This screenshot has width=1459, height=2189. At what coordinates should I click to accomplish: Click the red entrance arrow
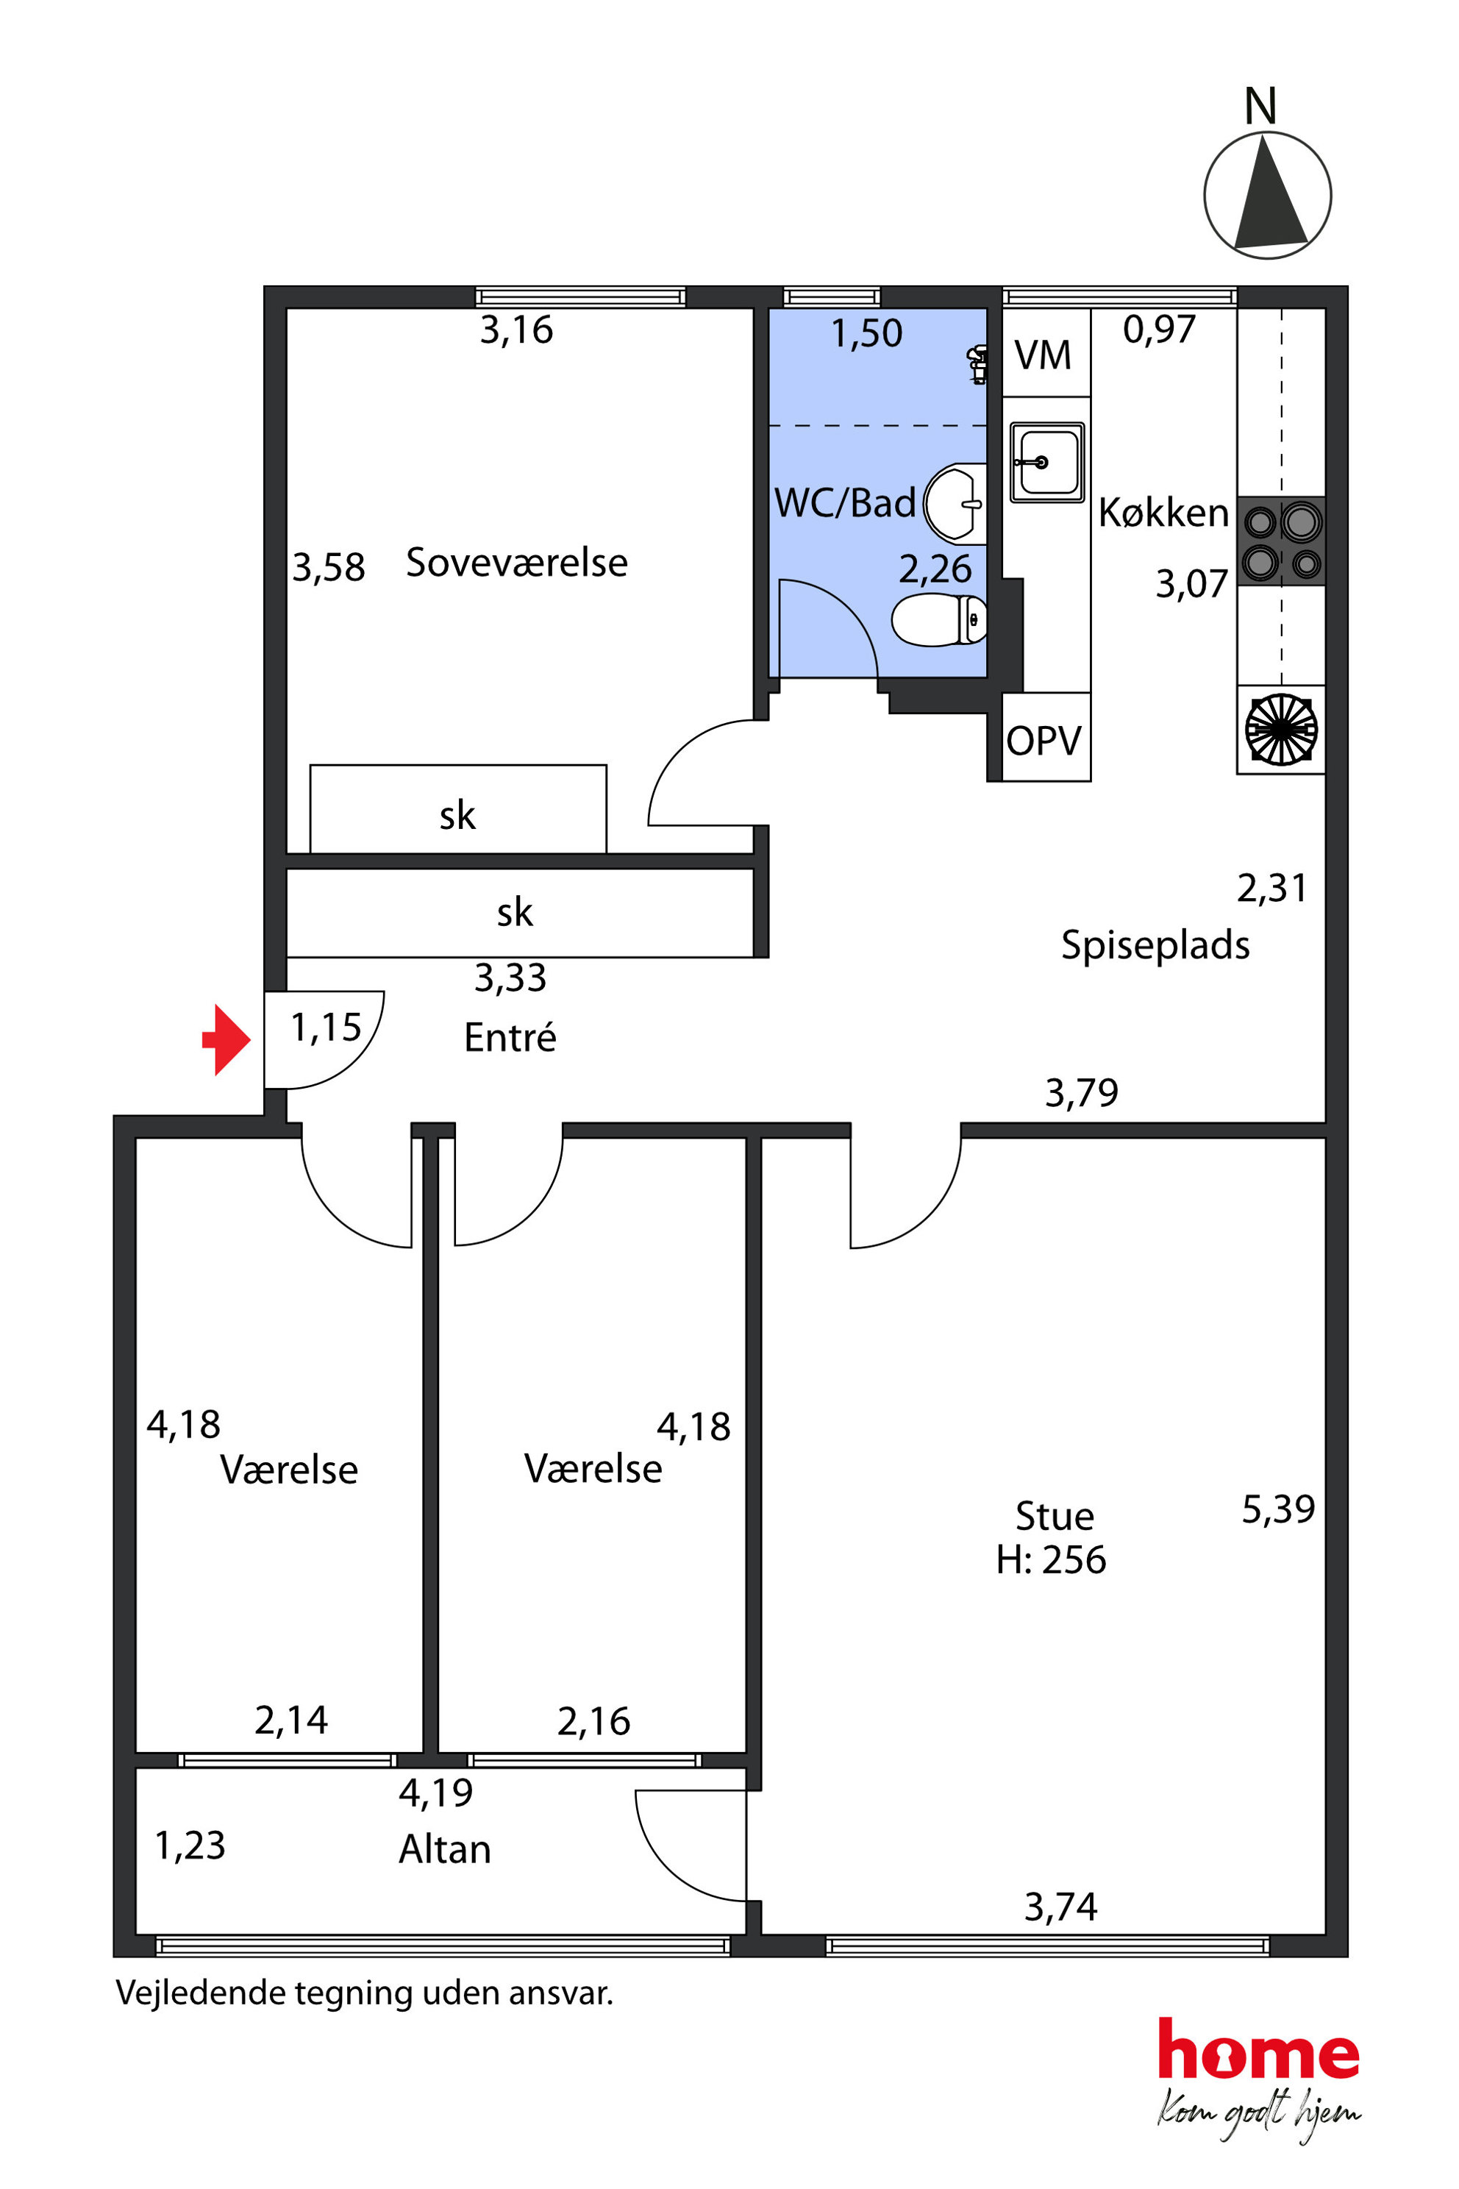click(x=226, y=1039)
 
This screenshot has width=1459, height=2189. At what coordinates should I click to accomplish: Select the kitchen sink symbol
click(x=1046, y=463)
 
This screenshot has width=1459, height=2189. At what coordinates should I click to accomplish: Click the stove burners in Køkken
click(x=1281, y=541)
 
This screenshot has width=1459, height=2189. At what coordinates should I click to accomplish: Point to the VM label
click(x=1042, y=355)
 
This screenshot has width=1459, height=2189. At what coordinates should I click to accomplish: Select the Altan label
click(x=445, y=1848)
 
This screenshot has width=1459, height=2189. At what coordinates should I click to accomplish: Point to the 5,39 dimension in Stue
click(x=1279, y=1509)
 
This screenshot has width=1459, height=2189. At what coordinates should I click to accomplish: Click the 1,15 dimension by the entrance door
click(x=326, y=1028)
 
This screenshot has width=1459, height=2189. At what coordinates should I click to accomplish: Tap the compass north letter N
click(x=1260, y=106)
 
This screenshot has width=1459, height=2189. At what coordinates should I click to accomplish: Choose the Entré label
click(x=510, y=1037)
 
